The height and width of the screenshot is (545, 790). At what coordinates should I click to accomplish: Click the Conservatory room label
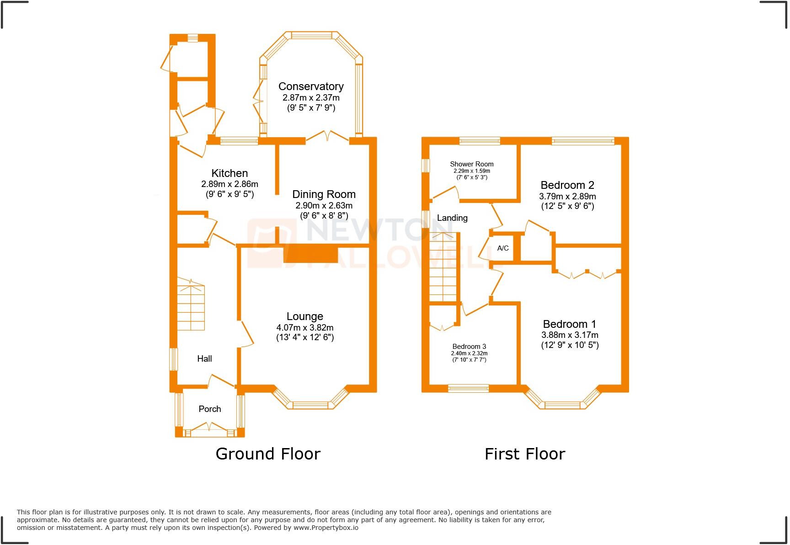pos(311,86)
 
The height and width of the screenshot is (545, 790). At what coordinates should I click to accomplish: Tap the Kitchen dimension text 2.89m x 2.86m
pos(230,184)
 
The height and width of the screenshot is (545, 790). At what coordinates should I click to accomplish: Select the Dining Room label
pos(324,194)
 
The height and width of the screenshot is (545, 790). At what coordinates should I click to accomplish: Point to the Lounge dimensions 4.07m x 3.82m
pos(304,328)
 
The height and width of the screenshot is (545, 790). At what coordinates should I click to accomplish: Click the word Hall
pos(204,359)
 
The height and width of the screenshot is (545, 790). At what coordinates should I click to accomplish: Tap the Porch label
pos(210,409)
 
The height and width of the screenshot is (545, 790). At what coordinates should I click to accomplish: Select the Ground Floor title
pos(268,454)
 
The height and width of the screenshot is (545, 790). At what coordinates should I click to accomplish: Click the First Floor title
pos(525,454)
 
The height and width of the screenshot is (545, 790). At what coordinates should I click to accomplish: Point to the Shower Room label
pos(472,164)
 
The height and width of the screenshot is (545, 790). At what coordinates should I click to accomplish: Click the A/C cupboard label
pos(503,248)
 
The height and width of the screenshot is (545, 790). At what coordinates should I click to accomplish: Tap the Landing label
pos(452,218)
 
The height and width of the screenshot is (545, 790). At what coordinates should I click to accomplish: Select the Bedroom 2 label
pos(567,185)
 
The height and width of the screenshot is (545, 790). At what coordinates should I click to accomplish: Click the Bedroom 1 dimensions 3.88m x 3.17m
pos(570,335)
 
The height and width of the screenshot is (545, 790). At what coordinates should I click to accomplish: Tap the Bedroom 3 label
pos(469,347)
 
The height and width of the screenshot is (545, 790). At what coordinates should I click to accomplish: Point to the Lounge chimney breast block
pos(311,254)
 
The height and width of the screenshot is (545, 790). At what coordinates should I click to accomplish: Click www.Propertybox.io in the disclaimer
pos(326,528)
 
